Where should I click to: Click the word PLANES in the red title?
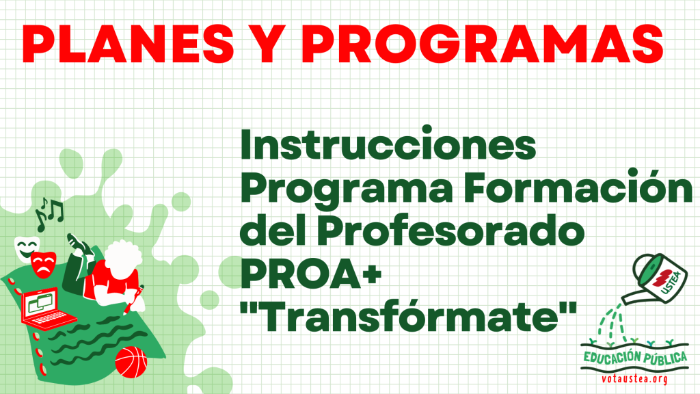pos(128,44)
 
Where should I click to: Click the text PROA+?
pos(311,273)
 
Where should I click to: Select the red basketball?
pos(131,362)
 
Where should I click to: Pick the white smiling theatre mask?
pos(27,248)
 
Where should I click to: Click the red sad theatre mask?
pos(43,265)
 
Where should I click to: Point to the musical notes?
pos(49,213)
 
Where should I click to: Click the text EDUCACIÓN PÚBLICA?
pos(635,357)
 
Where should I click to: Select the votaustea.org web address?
pos(634,379)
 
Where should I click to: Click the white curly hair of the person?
pos(122,257)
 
